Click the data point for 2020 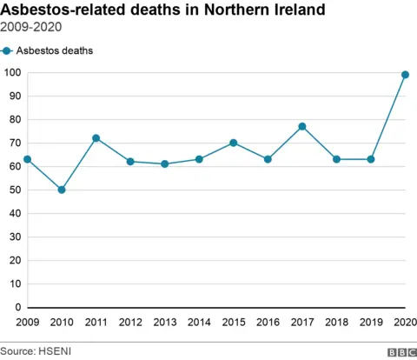[x=405, y=75]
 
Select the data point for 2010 [x=62, y=190]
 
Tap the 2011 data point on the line [x=96, y=138]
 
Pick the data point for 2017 [x=302, y=126]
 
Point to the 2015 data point [x=234, y=143]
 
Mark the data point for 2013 [x=165, y=163]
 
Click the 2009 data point [x=27, y=159]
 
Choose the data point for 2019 [x=371, y=159]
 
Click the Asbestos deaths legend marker [x=8, y=50]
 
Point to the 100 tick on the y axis [x=13, y=72]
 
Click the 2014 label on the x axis [x=199, y=323]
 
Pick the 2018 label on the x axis [x=336, y=323]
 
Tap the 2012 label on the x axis [x=130, y=323]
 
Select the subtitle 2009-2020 [x=32, y=28]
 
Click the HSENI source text [x=45, y=350]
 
